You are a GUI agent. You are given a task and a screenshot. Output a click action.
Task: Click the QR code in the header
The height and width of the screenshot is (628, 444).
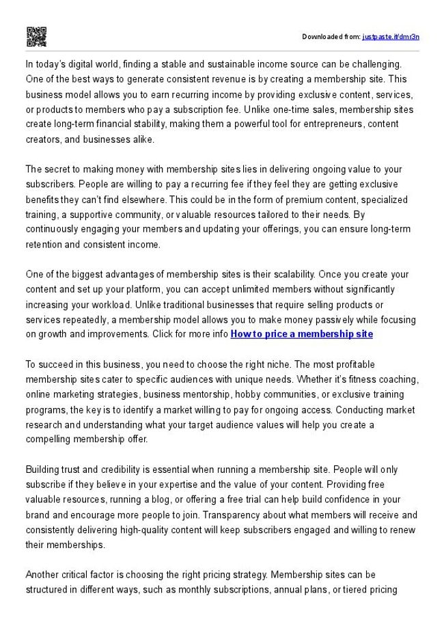coord(36,36)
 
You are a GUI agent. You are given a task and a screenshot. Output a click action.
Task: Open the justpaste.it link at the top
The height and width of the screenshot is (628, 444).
coord(391,36)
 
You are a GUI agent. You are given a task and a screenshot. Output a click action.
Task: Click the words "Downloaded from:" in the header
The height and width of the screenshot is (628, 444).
coord(331,36)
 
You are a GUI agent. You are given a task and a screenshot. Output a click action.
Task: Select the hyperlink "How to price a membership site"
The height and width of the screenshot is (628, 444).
coord(302,334)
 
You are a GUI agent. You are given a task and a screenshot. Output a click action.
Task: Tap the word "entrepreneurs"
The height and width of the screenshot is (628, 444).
coord(323,124)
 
